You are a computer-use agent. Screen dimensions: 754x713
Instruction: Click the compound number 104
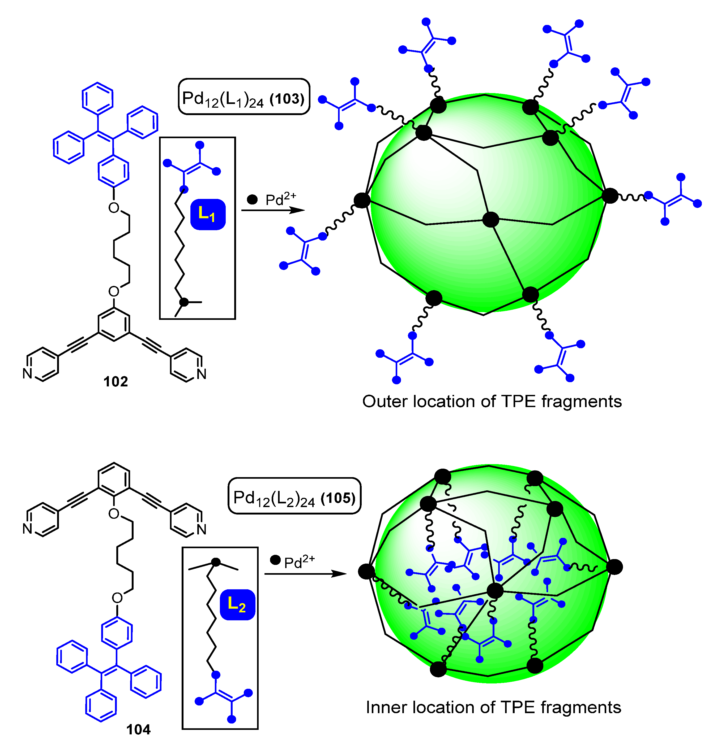point(138,729)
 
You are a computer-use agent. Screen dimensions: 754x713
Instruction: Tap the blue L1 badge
point(207,215)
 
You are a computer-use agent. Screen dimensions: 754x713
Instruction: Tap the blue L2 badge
point(237,605)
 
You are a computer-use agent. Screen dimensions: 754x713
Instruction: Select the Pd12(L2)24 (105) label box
point(294,496)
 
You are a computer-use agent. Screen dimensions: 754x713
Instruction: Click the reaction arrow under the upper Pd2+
point(273,210)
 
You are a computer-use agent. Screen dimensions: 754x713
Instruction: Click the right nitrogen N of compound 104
point(202,529)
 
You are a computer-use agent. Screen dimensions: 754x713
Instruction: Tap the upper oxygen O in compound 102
point(114,208)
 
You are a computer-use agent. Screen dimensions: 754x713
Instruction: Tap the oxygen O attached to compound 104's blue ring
point(117,598)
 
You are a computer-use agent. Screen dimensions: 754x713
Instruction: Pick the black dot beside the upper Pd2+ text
point(252,199)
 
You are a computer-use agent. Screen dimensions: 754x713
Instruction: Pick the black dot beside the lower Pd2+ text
point(275,560)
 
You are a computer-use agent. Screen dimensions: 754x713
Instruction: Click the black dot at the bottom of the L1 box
point(184,302)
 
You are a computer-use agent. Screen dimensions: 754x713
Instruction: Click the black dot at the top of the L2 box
point(216,562)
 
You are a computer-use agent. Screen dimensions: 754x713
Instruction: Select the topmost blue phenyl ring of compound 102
point(98,98)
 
